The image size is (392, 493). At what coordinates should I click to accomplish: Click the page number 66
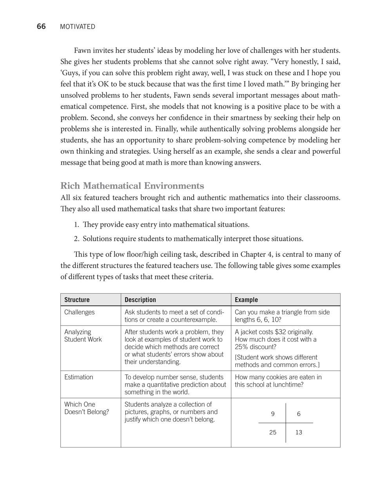(x=41, y=27)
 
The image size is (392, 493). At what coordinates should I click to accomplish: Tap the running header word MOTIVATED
(x=78, y=27)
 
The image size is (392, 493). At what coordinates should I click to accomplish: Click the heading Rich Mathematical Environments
(x=132, y=186)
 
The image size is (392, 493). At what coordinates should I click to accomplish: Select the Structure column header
(x=77, y=300)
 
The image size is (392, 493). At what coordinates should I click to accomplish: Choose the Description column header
(x=140, y=300)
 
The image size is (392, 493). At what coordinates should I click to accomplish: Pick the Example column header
(x=246, y=300)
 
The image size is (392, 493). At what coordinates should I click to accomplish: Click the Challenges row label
(x=80, y=312)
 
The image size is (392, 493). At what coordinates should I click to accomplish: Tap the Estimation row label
(x=79, y=377)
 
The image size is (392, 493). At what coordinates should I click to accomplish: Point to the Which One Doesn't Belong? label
(x=87, y=408)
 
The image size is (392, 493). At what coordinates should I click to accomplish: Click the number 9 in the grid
(x=273, y=414)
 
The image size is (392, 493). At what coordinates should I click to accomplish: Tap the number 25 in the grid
(x=273, y=433)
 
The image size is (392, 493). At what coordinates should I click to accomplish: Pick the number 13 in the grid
(x=299, y=433)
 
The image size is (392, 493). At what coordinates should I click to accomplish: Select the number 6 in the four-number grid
(x=299, y=414)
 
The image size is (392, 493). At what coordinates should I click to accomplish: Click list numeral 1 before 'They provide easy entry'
(x=76, y=225)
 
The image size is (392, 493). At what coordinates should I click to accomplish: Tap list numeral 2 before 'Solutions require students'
(x=76, y=239)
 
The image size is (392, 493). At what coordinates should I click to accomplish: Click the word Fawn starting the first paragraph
(x=82, y=51)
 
